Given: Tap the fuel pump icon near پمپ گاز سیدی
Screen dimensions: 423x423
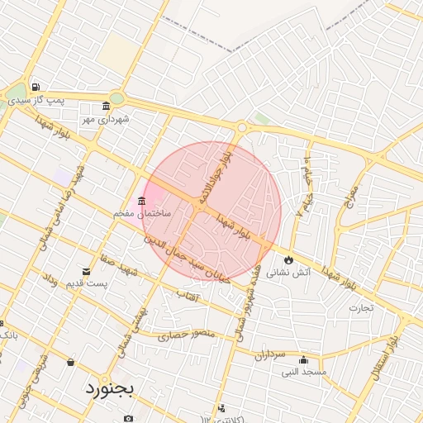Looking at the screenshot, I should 36,87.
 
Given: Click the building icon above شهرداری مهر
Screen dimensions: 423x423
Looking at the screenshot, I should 106,106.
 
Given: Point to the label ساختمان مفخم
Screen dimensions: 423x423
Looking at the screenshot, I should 142,213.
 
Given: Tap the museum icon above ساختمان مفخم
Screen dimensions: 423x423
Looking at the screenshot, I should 142,202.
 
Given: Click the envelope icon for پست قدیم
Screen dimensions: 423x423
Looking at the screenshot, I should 87,272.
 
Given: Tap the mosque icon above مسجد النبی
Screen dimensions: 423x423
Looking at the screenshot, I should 304,360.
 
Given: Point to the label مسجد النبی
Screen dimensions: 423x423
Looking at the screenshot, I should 304,372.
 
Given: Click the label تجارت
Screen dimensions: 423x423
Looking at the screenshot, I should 361,307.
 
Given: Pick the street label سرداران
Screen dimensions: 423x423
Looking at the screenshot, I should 269,355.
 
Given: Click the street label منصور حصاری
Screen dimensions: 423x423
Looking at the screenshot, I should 187,335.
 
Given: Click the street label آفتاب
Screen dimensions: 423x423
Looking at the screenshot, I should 188,294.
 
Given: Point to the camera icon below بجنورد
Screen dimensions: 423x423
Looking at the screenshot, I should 128,418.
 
